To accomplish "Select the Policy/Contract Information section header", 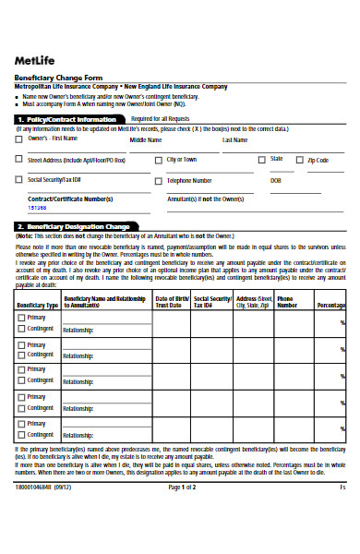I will [x=66, y=119].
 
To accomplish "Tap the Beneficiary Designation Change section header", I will [x=73, y=226].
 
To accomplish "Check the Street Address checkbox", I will [x=19, y=160].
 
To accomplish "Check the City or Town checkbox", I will [x=158, y=160].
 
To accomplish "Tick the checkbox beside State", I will [x=263, y=160].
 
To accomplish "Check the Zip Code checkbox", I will [x=300, y=160].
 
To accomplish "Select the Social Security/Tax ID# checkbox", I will [x=19, y=180].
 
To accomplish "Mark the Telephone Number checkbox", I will [x=158, y=180].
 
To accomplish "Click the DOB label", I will [x=275, y=180].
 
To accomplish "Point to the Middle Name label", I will [x=144, y=140].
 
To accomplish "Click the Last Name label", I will [x=234, y=140].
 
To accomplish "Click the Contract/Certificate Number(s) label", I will [x=70, y=199].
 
